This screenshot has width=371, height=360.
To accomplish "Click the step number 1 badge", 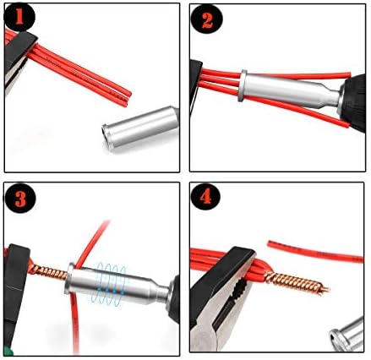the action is (19, 18).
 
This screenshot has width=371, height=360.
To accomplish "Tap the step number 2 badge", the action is (207, 19).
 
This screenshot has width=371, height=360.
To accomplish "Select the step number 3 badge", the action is (20, 198).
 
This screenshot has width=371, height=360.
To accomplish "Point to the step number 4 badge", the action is (205, 195).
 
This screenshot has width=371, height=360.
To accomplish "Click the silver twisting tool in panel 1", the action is (141, 129).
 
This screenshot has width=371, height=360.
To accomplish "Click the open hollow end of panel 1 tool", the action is (108, 137).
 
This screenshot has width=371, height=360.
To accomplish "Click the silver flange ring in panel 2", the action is (243, 85).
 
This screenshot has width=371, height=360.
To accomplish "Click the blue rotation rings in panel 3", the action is (111, 283).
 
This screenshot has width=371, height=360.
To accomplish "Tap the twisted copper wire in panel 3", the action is (48, 273).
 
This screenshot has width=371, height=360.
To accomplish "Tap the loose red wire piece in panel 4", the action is (315, 251).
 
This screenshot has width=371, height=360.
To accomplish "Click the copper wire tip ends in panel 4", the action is (325, 289).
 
